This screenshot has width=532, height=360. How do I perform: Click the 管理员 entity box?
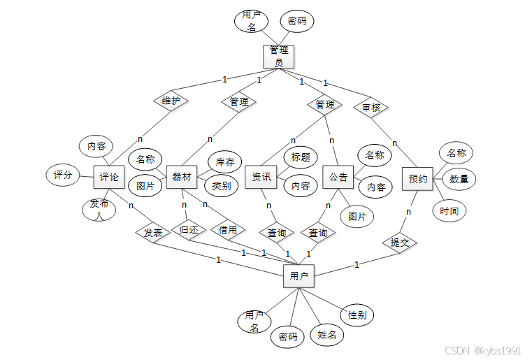point(279,57)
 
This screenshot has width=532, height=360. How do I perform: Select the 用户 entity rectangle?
point(299,276)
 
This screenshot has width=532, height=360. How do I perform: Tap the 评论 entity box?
point(109,177)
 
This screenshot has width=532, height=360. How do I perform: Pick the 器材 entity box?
point(182,177)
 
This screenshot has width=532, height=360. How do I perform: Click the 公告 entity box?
point(338,177)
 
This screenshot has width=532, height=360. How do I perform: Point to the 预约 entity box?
point(418,179)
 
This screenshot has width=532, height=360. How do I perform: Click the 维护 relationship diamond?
point(171,101)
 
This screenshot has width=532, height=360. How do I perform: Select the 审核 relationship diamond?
point(371,108)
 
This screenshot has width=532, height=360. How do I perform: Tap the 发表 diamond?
point(153,233)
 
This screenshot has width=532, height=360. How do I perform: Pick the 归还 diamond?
point(189,229)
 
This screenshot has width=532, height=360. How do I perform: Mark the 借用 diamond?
point(227,229)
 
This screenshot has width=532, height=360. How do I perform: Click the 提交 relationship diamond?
point(400,243)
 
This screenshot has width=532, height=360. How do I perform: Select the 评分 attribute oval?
point(63,175)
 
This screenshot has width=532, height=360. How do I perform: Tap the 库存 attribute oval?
point(225,162)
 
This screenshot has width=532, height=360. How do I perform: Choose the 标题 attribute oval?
point(301,157)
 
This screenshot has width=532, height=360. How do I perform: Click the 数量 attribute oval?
point(459,179)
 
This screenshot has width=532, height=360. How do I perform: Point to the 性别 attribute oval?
point(357,315)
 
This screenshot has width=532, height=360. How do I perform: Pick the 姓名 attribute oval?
point(326,335)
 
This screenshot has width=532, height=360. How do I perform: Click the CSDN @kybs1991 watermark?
point(482,350)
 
